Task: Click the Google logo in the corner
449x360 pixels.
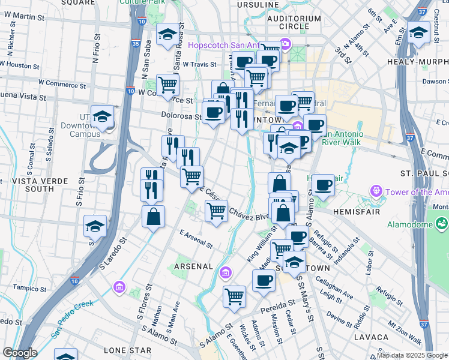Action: click(19, 353)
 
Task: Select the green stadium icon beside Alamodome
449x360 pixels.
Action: click(442, 224)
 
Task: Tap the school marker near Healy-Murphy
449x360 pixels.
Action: click(418, 33)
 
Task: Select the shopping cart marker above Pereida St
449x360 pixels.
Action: click(234, 295)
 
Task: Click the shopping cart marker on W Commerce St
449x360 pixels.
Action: click(167, 85)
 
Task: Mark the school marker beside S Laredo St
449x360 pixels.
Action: click(95, 227)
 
